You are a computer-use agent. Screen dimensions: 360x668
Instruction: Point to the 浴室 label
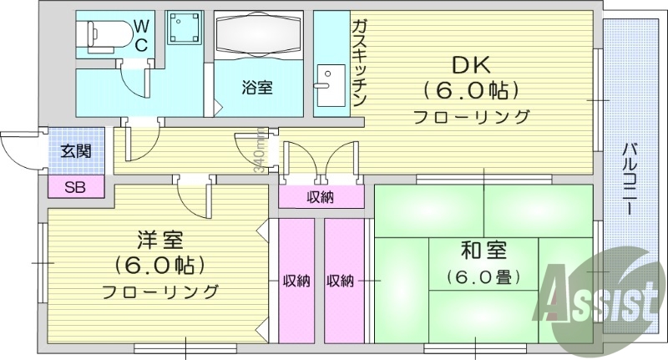257,86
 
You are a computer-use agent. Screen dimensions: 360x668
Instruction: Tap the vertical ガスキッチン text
360,63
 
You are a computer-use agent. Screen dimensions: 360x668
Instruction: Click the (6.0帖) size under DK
470,89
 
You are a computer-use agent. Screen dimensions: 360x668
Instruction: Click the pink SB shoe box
75,185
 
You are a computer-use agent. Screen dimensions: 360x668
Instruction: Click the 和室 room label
483,248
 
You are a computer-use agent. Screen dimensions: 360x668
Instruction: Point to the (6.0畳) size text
483,276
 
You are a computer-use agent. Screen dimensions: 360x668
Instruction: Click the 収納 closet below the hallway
321,197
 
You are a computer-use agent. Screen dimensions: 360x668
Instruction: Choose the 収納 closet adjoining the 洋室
296,280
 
